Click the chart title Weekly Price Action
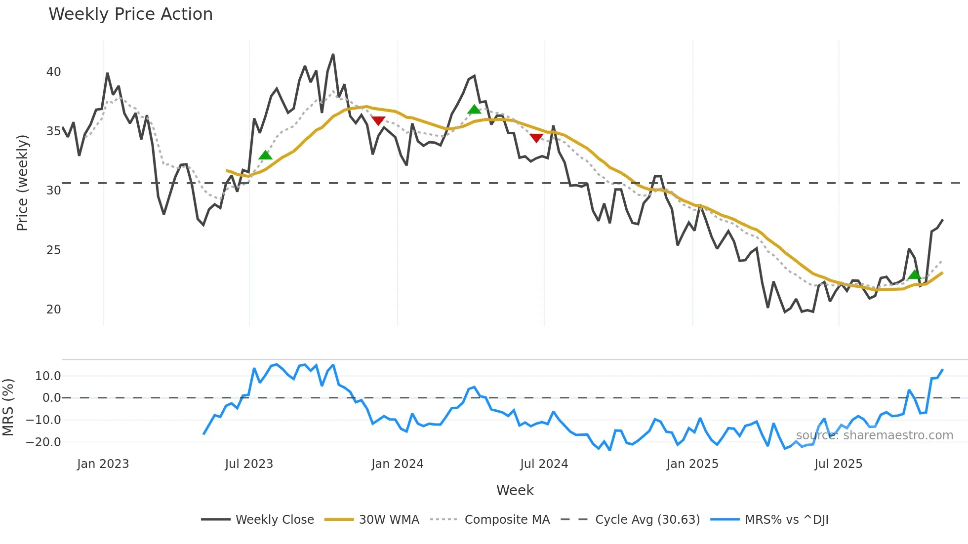tap(130, 14)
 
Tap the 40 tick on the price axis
tap(53, 72)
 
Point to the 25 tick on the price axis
tap(53, 250)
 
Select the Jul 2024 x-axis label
tap(544, 464)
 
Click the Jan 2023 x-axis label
tap(103, 464)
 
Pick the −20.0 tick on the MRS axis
tap(43, 442)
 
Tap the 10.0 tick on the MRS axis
tap(48, 376)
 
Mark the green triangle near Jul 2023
tap(265, 155)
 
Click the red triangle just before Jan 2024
tap(378, 120)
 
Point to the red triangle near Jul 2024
tap(536, 138)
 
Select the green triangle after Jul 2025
tap(915, 275)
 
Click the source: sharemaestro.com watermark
tap(874, 435)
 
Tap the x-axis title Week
tap(515, 490)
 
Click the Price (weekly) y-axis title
tap(23, 183)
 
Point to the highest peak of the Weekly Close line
tap(333, 55)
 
